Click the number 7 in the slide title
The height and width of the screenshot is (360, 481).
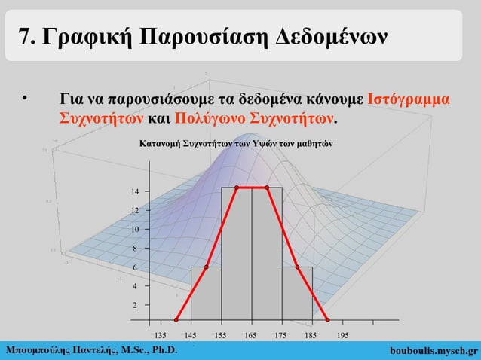point(25,35)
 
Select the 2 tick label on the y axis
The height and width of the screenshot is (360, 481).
point(136,306)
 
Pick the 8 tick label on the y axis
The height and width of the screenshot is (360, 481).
point(136,249)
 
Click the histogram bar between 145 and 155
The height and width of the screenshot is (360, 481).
point(206,294)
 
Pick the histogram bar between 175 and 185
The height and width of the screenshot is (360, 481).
point(297,294)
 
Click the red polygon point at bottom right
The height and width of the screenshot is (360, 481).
point(327,320)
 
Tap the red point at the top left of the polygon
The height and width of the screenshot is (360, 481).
point(236,188)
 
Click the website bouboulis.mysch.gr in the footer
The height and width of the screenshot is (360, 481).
point(435,350)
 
